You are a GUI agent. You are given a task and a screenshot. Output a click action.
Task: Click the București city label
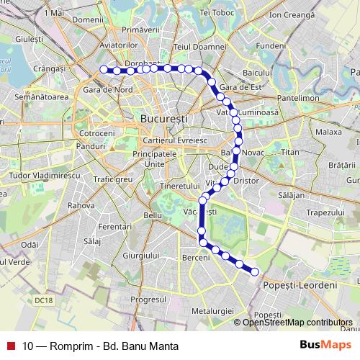[x=161, y=117]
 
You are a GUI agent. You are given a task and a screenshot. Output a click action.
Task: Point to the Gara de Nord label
[x=108, y=90]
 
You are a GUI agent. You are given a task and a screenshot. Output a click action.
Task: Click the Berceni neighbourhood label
[x=196, y=257]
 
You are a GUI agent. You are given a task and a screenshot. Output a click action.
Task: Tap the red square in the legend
[x=11, y=346]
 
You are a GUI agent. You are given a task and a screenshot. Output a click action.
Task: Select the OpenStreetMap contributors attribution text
[x=297, y=322]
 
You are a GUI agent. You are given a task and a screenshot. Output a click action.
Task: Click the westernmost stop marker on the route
[x=103, y=69]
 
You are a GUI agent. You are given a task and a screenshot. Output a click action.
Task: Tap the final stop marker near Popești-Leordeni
[x=254, y=271]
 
